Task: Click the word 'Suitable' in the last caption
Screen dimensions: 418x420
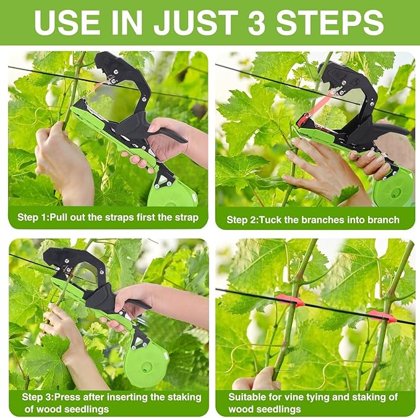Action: pyautogui.click(x=246, y=397)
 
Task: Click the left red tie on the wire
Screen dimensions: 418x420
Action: pyautogui.click(x=289, y=301)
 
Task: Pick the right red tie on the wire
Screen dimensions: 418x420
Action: pyautogui.click(x=382, y=316)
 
